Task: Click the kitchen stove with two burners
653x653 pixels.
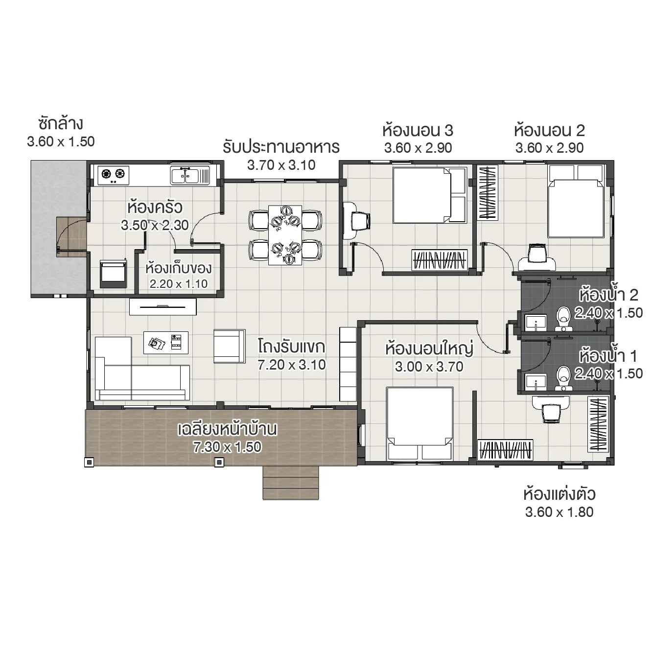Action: [113, 174]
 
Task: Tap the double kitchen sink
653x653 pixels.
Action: [189, 175]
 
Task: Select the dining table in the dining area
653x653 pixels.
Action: [285, 235]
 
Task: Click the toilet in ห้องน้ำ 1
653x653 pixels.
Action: [563, 376]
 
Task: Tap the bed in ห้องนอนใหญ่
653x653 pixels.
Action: [420, 423]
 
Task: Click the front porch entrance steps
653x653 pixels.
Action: [291, 482]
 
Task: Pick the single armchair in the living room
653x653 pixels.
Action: [229, 346]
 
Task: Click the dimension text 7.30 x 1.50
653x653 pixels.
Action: [227, 447]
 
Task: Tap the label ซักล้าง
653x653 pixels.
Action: [60, 123]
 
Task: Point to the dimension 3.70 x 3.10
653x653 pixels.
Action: [281, 165]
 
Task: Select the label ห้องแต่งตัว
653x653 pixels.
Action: [559, 494]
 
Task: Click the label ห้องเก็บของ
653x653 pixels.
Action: [178, 268]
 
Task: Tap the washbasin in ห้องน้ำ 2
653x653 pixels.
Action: [536, 323]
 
